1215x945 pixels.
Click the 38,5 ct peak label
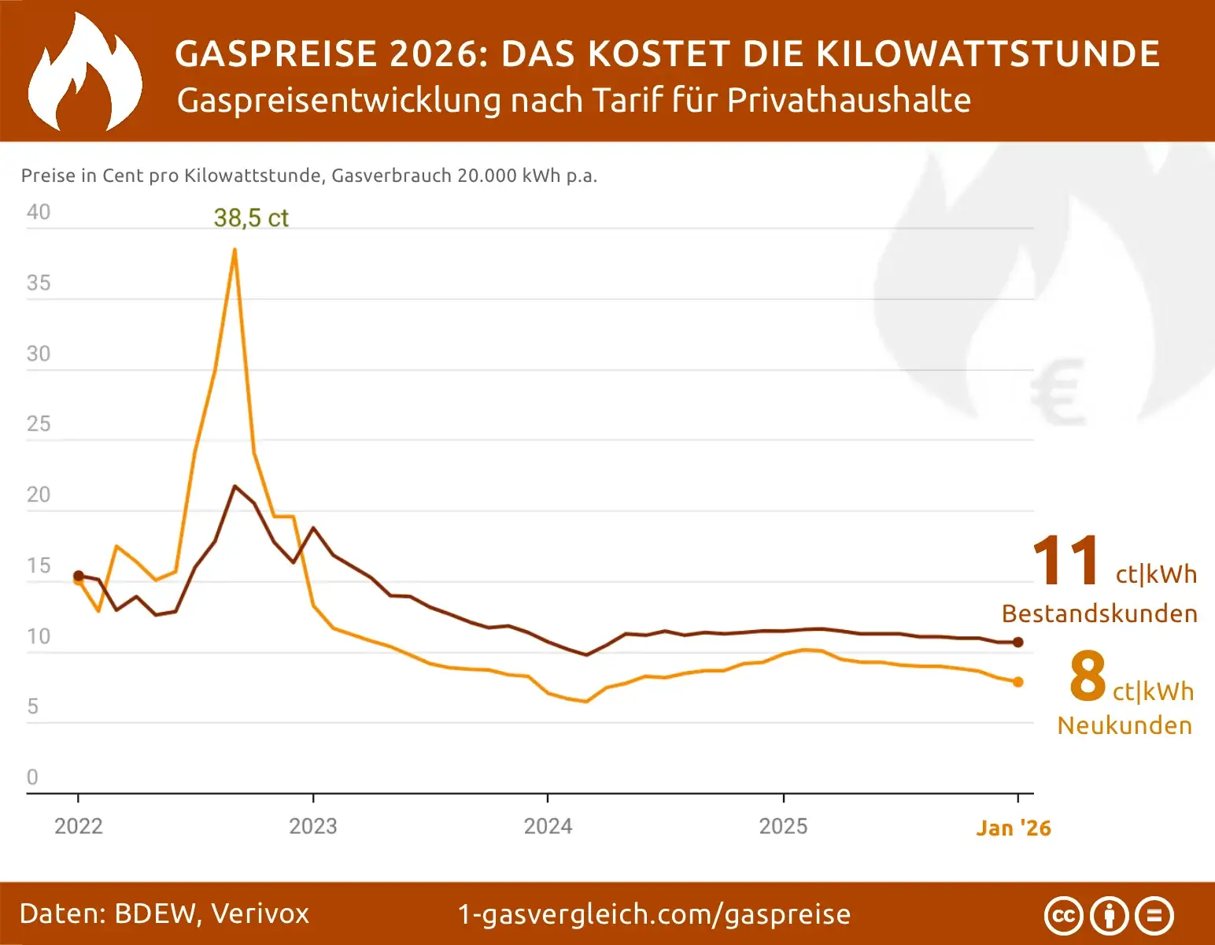(x=251, y=218)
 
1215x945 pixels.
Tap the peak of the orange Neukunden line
(x=235, y=250)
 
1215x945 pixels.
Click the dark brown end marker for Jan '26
(x=1017, y=643)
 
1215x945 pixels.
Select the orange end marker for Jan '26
(x=1017, y=682)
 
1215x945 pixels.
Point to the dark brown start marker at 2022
(x=79, y=576)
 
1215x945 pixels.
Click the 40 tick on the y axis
(x=38, y=213)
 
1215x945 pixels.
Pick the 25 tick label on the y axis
(x=38, y=424)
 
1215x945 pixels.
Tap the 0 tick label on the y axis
(x=32, y=777)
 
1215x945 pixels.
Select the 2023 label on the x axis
(x=312, y=826)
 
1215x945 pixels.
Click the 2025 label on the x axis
(x=783, y=826)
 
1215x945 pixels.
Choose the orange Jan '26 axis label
(x=1013, y=828)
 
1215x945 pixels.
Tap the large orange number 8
(x=1088, y=676)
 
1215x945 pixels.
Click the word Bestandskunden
(x=1099, y=613)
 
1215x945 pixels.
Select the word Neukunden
(x=1125, y=725)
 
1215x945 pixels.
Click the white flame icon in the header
(x=84, y=72)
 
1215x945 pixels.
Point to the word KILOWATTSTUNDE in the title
(x=988, y=54)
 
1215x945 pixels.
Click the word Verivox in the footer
(x=260, y=913)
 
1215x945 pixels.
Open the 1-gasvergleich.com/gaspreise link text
(x=654, y=914)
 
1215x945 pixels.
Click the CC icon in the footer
(x=1063, y=916)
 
